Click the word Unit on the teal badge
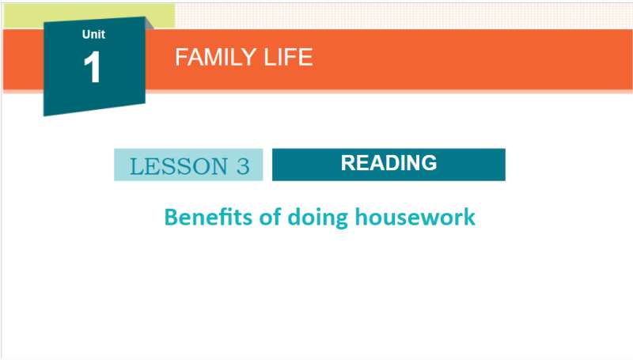pos(93,34)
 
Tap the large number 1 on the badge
pos(93,67)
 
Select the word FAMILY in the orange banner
pos(215,57)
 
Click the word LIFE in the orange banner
pos(288,57)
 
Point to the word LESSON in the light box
pos(179,166)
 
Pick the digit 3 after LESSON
pos(243,166)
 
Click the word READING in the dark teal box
pos(389,163)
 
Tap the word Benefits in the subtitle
pos(208,217)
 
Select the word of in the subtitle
pos(270,217)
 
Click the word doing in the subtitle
pos(318,218)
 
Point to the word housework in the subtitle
pos(415,217)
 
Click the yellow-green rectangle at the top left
pos(89,16)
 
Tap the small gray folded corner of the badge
pos(150,24)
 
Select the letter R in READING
pos(348,163)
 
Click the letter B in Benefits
pos(171,217)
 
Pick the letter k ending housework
pos(469,217)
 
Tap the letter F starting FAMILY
pos(181,57)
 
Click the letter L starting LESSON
pos(137,166)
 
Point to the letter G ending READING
pos(429,163)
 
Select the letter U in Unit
pos(86,34)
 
